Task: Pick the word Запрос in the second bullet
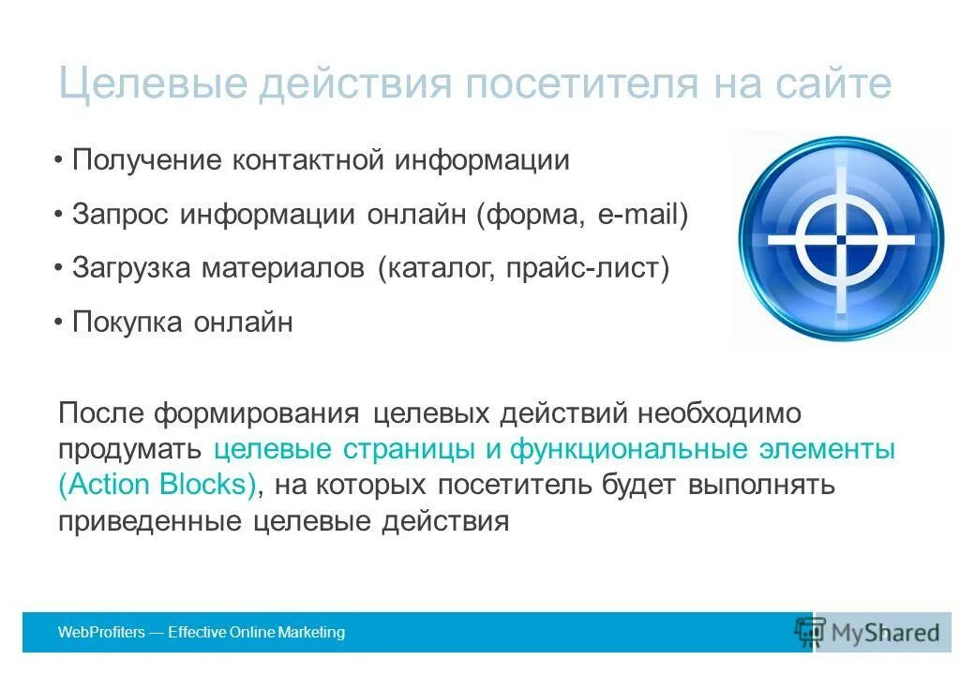coord(122,215)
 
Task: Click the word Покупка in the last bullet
coord(129,322)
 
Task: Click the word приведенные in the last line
coord(151,520)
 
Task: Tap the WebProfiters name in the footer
coord(101,633)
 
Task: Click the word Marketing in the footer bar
coord(313,633)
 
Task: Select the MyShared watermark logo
coord(870,631)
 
